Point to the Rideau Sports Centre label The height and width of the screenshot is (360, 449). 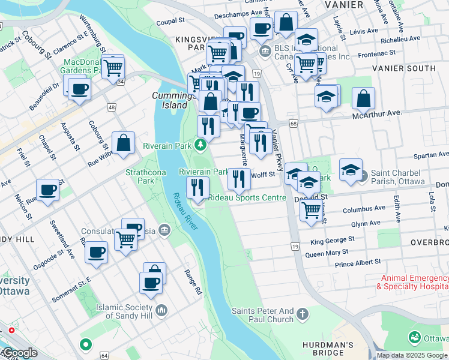(247, 197)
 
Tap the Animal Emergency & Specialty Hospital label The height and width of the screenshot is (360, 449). (412, 283)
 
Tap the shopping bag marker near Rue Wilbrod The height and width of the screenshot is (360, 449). (123, 143)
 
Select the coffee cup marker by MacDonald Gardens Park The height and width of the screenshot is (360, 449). (79, 90)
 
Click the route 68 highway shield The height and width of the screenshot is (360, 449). (293, 123)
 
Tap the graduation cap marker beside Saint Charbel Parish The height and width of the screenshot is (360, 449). (351, 169)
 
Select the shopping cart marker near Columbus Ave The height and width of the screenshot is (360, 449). (310, 210)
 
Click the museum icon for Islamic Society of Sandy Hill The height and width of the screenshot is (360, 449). (161, 310)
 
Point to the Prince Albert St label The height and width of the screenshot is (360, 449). (358, 263)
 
